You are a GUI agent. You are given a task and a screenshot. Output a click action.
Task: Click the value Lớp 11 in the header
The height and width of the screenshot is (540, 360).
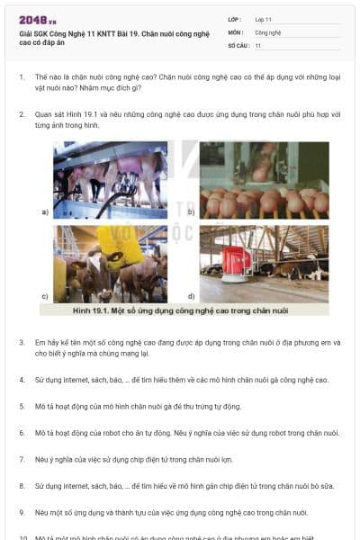pos(264,19)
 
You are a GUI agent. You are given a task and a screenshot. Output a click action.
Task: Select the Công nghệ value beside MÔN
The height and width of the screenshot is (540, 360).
pos(267,31)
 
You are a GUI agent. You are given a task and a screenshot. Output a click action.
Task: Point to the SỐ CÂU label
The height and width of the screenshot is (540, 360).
pos(238,44)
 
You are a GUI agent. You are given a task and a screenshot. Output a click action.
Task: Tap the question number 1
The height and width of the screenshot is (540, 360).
pos(21,78)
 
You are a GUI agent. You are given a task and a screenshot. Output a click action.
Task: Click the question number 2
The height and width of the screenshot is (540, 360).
pos(21,115)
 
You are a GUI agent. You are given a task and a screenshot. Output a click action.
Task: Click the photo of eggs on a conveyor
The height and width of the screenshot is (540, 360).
pos(264,180)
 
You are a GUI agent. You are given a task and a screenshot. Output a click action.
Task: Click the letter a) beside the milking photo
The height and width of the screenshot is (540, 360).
pos(45,212)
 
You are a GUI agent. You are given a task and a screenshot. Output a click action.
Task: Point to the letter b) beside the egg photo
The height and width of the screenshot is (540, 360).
pos(191,212)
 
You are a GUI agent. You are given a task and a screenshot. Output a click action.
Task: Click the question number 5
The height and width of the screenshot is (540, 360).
pos(21,406)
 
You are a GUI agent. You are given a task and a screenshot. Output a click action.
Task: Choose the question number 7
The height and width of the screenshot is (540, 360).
pos(21,459)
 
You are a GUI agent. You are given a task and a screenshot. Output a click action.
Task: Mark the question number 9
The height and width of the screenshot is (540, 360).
pos(21,512)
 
